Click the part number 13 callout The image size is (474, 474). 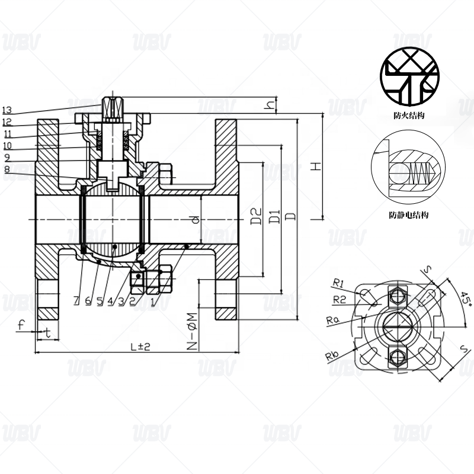coord(7,110)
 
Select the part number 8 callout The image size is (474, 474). coord(7,169)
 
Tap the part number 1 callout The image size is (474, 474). coord(153,302)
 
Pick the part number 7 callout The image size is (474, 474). coord(76,300)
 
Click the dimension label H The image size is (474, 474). coord(316,166)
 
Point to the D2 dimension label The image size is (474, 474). coord(256,216)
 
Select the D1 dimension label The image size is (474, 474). coord(274,216)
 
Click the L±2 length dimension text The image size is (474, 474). coord(140,347)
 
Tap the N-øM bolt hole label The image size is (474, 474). coord(192,331)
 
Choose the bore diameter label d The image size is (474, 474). coord(196,219)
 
